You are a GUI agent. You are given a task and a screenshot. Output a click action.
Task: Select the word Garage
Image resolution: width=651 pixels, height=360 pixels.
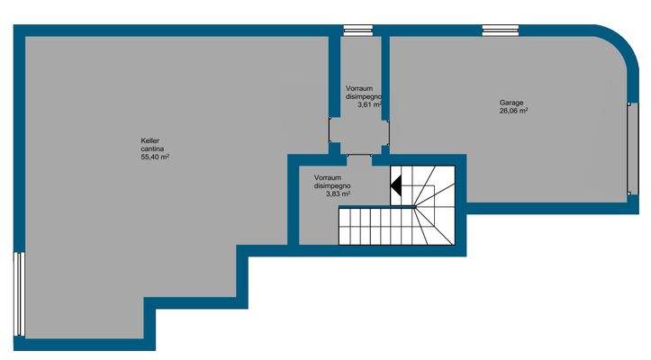pyautogui.click(x=511, y=103)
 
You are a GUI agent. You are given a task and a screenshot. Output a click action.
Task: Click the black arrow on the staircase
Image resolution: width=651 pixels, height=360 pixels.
pyautogui.click(x=395, y=185)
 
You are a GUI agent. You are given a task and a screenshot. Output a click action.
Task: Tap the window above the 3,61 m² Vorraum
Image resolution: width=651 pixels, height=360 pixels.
pyautogui.click(x=358, y=30)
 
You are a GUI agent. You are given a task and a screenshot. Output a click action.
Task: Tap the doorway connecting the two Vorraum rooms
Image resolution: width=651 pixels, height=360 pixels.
pyautogui.click(x=359, y=156)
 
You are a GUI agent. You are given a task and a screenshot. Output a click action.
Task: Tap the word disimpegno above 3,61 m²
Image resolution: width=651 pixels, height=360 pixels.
pyautogui.click(x=365, y=96)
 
